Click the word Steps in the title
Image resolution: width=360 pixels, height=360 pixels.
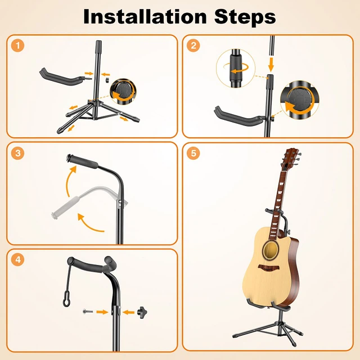(242, 17)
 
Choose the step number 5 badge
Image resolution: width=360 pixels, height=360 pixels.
(194, 153)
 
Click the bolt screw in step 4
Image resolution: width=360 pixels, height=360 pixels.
(87, 311)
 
